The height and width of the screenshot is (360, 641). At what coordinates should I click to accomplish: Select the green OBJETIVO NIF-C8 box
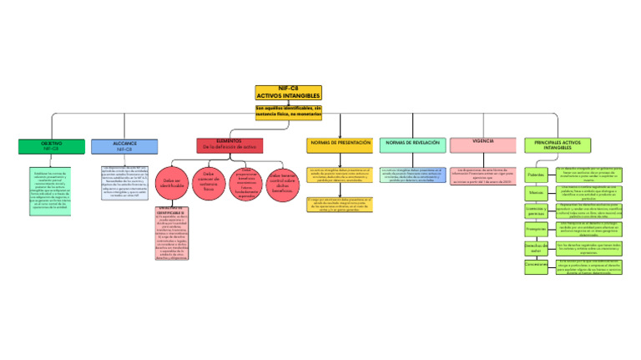(x=52, y=146)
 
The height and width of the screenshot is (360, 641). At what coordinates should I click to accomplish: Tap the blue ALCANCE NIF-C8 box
(x=124, y=146)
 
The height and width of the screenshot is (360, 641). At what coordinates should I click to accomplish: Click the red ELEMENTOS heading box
(x=230, y=145)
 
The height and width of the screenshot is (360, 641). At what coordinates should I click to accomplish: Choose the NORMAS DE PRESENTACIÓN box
(x=340, y=145)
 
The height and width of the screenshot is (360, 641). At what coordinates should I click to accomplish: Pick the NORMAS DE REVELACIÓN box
(x=412, y=145)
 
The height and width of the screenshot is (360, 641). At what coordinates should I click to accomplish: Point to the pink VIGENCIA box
(x=482, y=145)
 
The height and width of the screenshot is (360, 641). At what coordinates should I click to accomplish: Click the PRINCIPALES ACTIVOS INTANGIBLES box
(x=557, y=145)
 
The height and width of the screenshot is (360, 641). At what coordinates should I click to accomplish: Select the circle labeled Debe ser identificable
(x=173, y=183)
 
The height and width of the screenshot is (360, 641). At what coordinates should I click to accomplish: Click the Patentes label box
(x=536, y=175)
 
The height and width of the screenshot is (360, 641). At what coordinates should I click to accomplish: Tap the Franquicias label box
(x=536, y=228)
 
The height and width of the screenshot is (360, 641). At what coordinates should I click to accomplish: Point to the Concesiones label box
(x=536, y=265)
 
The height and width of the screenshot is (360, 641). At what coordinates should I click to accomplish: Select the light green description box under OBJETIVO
(x=52, y=190)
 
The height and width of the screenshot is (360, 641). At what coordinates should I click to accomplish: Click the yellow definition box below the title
(x=288, y=112)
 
